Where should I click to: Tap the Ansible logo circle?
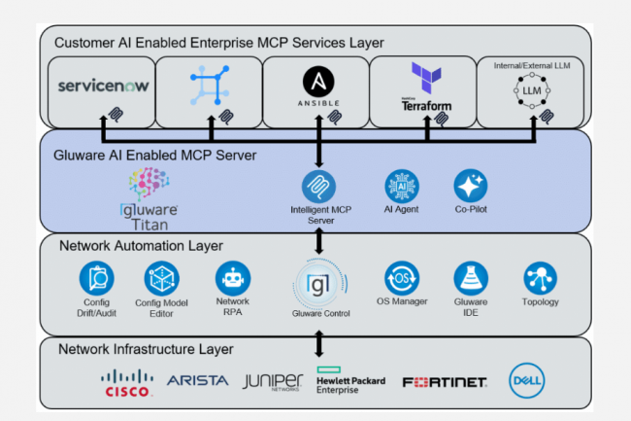click(x=318, y=81)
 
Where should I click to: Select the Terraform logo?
click(x=425, y=87)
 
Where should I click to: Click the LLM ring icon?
click(x=533, y=89)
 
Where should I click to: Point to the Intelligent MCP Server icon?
click(x=318, y=186)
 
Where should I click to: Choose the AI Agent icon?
click(x=401, y=186)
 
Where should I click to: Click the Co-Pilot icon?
click(x=470, y=186)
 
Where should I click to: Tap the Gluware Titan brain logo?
click(x=150, y=184)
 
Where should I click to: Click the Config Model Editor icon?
click(x=162, y=280)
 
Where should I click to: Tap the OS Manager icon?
click(x=401, y=278)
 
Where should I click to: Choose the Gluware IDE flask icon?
click(x=470, y=278)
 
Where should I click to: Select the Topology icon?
click(x=539, y=278)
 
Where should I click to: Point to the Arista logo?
click(x=197, y=380)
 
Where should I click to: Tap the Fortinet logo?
click(x=444, y=382)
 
